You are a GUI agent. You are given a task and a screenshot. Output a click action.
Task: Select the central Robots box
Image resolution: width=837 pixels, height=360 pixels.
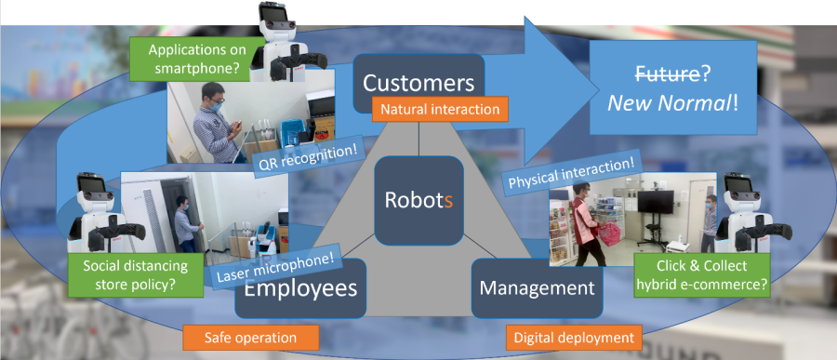click(x=418, y=200)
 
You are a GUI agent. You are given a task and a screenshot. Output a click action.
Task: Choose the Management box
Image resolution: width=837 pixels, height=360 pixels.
click(x=537, y=288)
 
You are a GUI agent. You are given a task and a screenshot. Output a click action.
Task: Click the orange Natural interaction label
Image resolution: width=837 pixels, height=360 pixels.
click(x=441, y=110)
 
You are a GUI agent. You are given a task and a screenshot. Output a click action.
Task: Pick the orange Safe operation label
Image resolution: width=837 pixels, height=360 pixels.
click(x=250, y=338)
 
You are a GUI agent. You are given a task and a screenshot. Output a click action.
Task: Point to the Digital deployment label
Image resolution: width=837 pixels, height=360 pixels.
click(x=574, y=338)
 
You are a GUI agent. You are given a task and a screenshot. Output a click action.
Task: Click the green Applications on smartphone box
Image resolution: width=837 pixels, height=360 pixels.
click(x=197, y=59)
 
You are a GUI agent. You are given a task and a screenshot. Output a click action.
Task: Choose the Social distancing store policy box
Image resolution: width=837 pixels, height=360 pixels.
click(x=136, y=275)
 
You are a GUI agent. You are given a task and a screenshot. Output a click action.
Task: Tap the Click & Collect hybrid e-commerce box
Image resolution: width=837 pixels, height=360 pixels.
click(x=702, y=275)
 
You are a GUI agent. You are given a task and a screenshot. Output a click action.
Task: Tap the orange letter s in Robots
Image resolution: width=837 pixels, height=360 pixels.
click(x=449, y=201)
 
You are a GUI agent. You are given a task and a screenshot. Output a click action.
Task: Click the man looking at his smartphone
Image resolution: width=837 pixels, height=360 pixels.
click(x=217, y=123)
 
